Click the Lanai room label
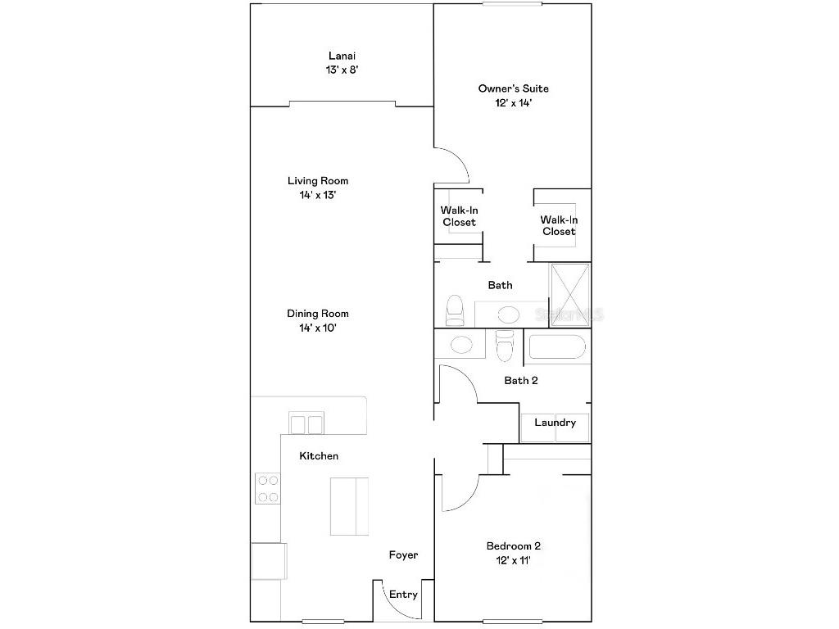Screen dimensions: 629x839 tap(342, 57)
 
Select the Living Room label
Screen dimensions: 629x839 tap(317, 181)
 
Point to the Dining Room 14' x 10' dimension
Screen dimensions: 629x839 tap(317, 328)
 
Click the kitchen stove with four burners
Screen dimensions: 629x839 tap(267, 488)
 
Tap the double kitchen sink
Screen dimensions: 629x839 tap(306, 423)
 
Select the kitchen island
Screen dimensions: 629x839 tap(349, 505)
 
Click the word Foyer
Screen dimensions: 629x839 tap(403, 555)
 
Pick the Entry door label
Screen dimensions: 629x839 tap(403, 595)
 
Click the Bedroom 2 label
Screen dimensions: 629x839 tap(513, 546)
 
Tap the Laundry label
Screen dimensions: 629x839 tap(555, 423)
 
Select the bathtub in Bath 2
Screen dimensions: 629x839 tap(557, 347)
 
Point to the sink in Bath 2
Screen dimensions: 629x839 tap(460, 345)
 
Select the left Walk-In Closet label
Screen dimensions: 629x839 tap(459, 216)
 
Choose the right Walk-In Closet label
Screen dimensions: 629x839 tap(558, 225)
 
